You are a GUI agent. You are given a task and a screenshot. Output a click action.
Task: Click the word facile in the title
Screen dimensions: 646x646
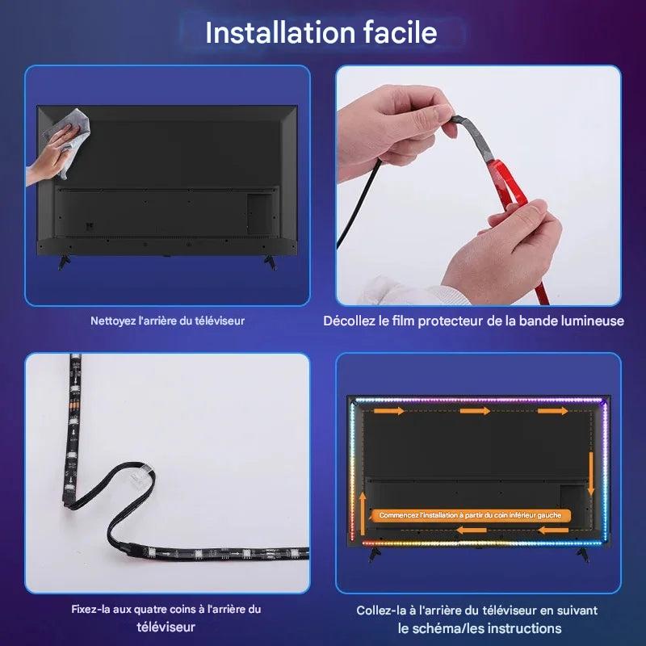click(x=400, y=32)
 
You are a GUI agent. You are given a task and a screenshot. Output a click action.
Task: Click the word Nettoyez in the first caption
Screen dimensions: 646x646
click(x=109, y=321)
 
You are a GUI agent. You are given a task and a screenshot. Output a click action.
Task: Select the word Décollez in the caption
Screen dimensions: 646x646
click(x=349, y=321)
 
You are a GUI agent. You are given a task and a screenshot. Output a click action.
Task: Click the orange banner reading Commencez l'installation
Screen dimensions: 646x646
click(x=471, y=515)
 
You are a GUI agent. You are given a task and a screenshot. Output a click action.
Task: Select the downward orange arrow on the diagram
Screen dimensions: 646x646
click(x=591, y=474)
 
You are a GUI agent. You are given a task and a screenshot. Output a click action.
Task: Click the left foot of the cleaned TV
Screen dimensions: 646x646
click(x=64, y=262)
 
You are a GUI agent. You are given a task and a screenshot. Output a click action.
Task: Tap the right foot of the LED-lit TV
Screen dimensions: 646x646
click(x=583, y=554)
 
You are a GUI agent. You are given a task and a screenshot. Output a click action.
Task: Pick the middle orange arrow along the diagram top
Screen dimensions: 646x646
click(x=475, y=411)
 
